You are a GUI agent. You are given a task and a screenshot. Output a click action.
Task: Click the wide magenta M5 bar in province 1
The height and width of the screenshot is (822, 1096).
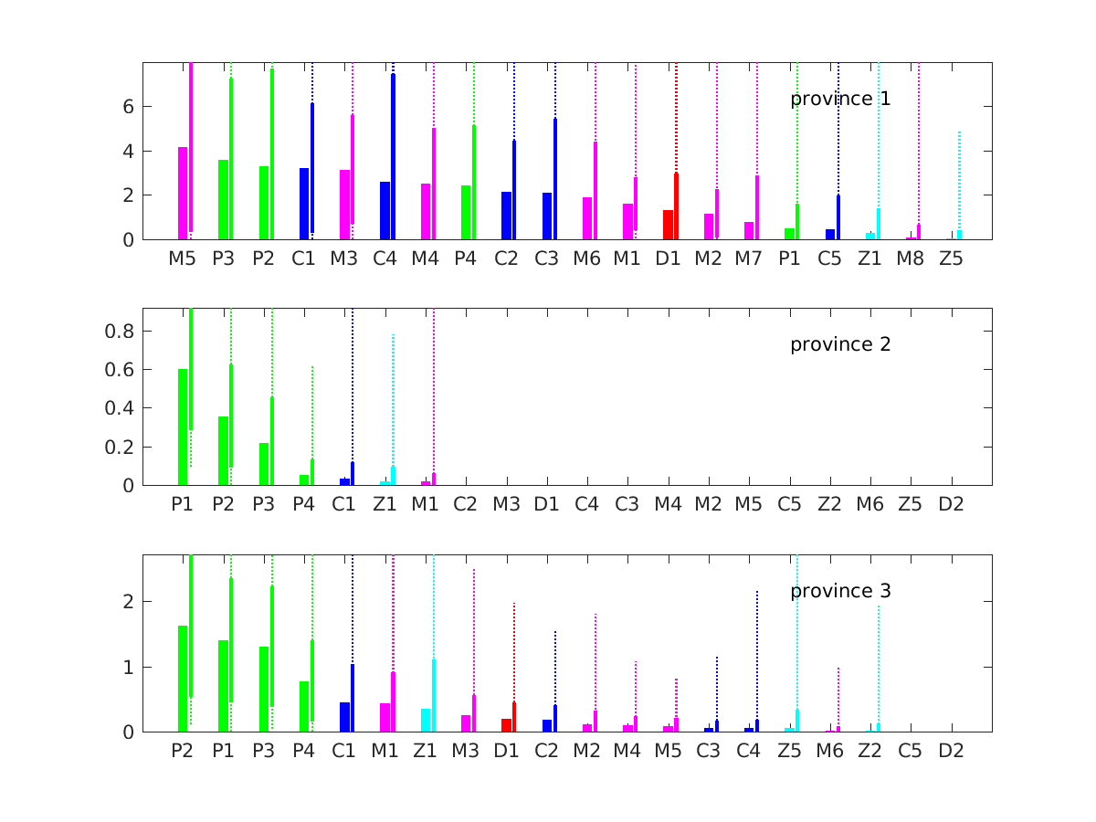pos(183,194)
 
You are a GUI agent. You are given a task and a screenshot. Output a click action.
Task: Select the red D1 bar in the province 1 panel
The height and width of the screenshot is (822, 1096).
pos(669,225)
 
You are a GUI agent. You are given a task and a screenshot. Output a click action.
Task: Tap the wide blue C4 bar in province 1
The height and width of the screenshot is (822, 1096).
pos(385,211)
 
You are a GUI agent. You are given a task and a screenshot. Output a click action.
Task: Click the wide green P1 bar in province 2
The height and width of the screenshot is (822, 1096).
pos(183,427)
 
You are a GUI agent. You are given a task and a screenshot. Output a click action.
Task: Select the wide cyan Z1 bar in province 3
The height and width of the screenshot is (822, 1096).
pos(426,720)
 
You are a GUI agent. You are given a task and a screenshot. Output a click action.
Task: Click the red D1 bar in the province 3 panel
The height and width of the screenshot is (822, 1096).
pos(506,725)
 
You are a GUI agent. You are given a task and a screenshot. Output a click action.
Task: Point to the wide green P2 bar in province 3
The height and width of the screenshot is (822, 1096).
pos(183,679)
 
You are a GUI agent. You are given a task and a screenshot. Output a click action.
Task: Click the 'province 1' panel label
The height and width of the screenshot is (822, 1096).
pos(840,99)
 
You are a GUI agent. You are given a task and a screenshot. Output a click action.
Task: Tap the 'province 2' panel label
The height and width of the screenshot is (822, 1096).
pos(840,344)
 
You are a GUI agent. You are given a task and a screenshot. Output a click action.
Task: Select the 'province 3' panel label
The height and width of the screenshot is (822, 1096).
pos(840,591)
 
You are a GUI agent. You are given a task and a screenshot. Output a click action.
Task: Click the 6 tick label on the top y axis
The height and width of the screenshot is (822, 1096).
pos(129,107)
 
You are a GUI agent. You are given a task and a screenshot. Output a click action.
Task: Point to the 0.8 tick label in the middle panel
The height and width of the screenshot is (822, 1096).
pos(121,331)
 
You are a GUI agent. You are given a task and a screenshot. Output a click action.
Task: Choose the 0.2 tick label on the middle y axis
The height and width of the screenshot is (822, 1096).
pos(121,448)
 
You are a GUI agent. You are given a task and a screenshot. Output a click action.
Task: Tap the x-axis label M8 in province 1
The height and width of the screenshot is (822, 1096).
pos(911,259)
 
